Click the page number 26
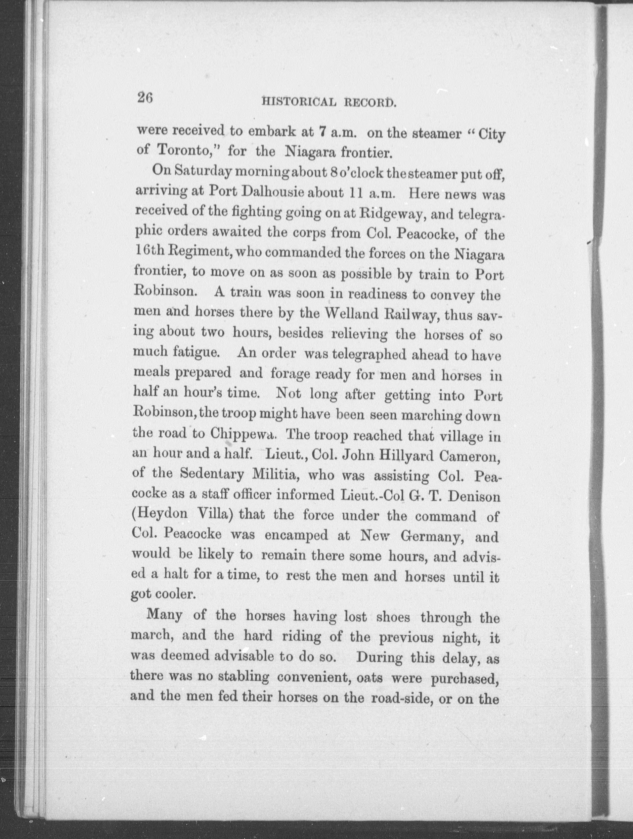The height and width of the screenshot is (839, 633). coord(145,98)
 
